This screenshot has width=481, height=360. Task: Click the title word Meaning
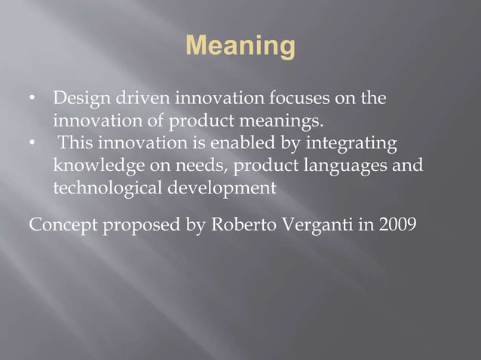click(240, 47)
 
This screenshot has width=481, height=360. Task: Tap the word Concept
click(62, 224)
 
